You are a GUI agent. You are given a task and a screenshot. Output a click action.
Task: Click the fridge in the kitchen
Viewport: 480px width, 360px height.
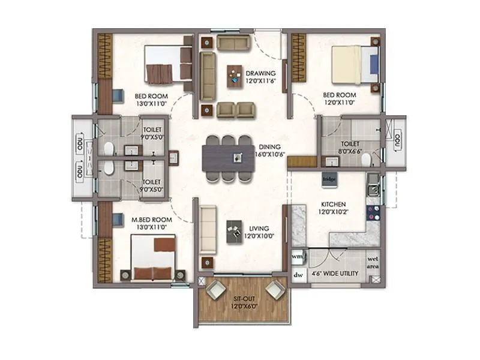click(328, 179)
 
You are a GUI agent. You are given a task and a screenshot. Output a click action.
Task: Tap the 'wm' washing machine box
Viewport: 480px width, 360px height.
click(297, 256)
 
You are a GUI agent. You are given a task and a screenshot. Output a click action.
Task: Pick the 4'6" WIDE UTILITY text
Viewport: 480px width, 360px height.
click(334, 274)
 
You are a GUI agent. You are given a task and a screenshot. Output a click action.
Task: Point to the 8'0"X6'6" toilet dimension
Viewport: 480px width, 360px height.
click(350, 152)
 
